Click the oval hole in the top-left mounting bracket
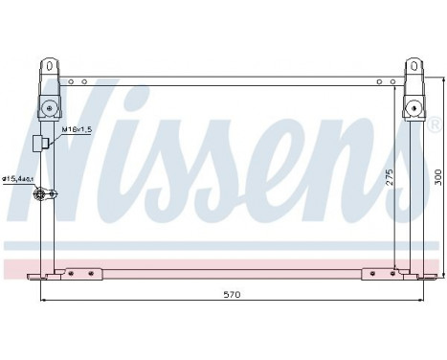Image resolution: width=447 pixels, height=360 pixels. pos(45,67)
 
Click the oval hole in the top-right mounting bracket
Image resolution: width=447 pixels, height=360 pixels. pos(414,67)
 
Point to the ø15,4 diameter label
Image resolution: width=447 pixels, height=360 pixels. pos(18,178)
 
